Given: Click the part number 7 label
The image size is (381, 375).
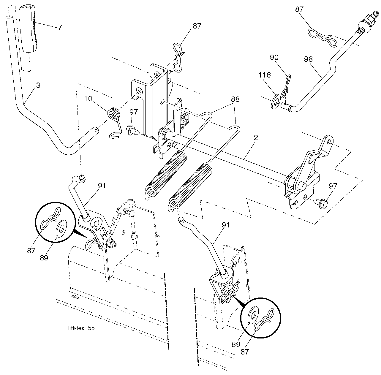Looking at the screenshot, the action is (60, 27).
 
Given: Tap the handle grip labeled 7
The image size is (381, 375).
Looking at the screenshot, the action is (28, 29).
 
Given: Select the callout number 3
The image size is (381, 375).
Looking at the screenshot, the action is (38, 85).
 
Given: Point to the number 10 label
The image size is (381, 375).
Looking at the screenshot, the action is (88, 99).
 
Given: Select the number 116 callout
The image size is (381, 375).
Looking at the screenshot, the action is (265, 75).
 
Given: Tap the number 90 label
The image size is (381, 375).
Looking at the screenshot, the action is (274, 57).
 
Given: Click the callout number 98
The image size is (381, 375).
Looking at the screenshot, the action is (308, 59).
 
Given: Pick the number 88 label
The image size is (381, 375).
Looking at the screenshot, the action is (235, 99).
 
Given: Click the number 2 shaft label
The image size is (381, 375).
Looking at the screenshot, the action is (256, 138).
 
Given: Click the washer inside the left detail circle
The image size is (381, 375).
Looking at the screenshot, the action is (62, 229).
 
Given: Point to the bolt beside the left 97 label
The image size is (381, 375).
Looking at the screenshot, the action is (133, 130).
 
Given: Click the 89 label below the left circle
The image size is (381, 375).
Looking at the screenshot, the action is (44, 257).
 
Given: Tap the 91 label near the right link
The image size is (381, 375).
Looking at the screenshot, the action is (226, 225).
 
